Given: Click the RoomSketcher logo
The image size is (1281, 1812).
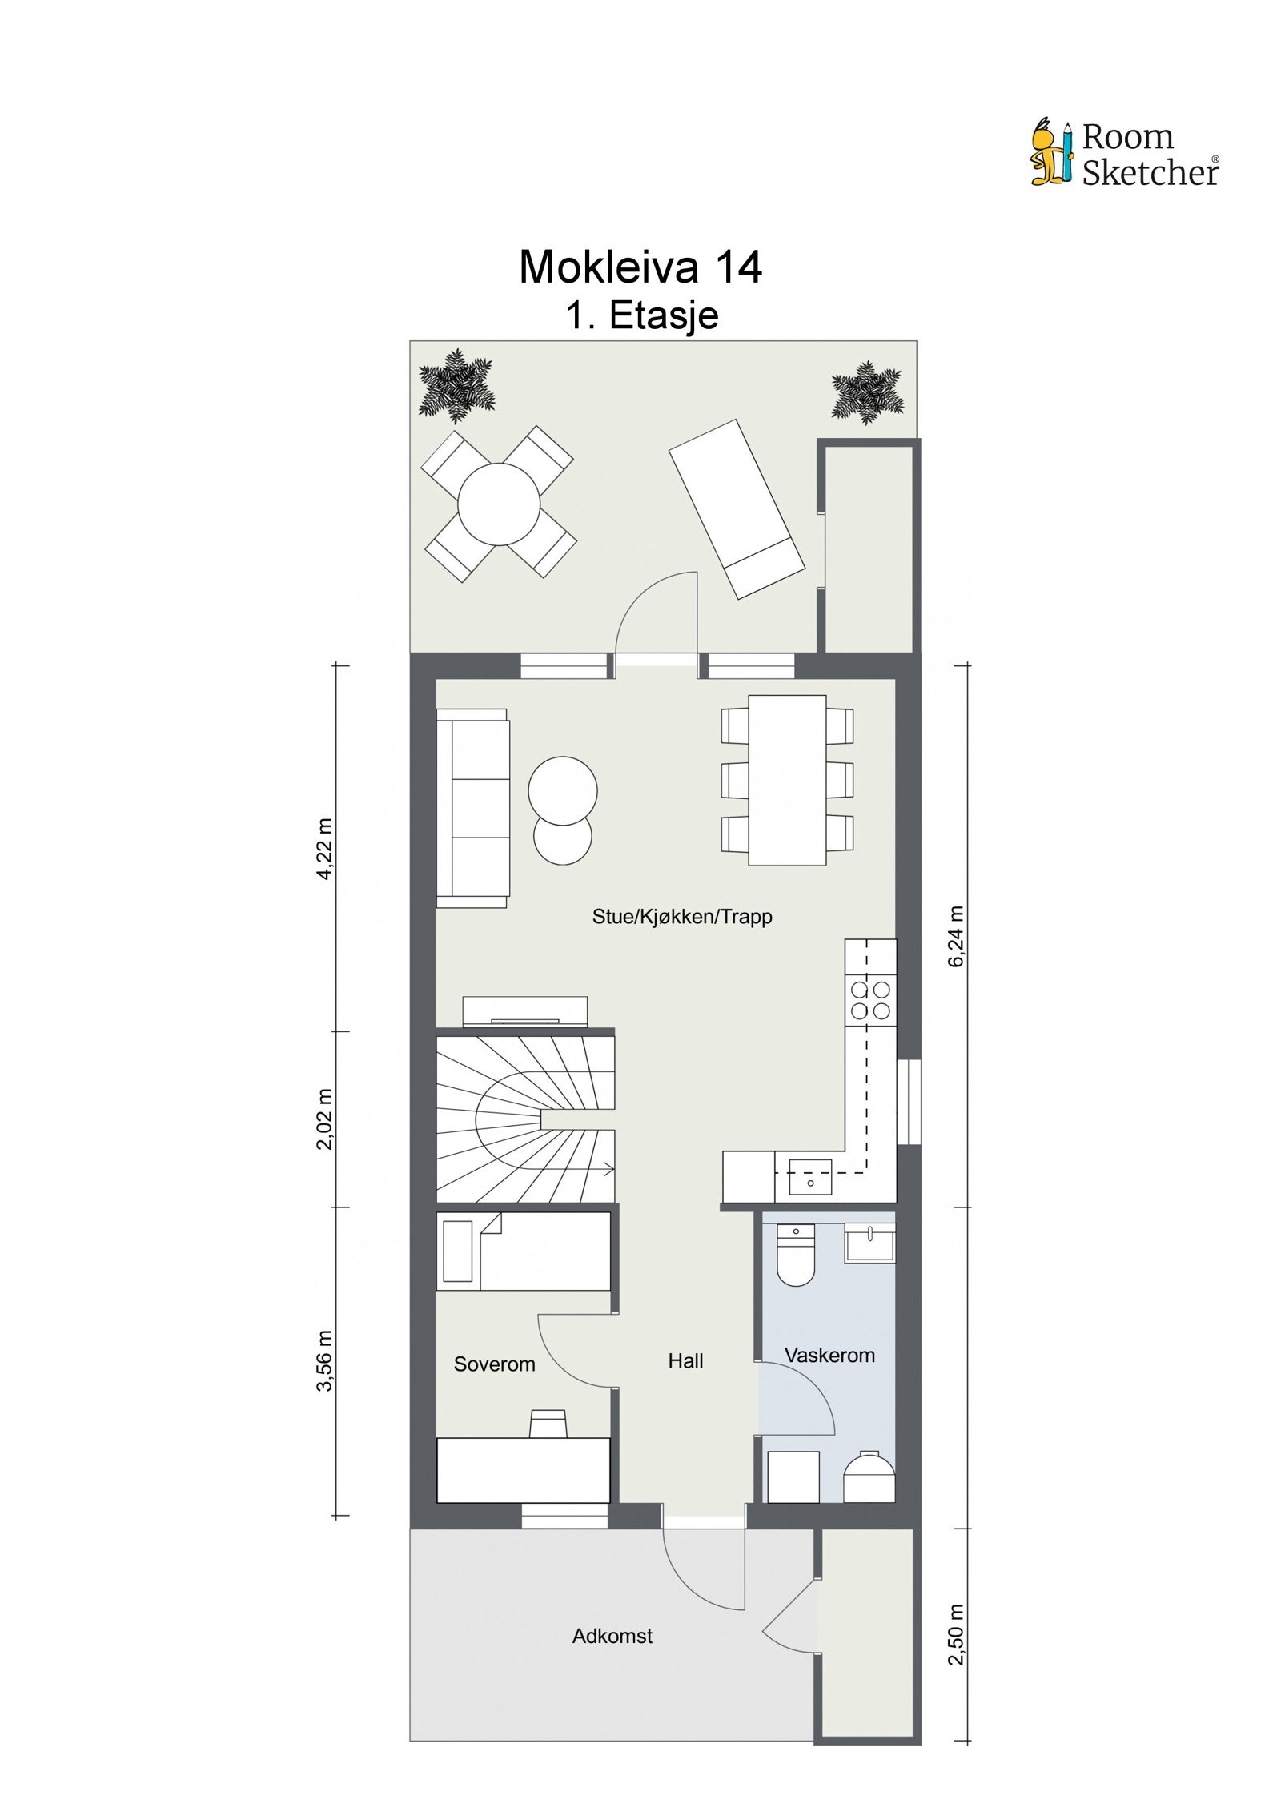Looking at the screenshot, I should point(1124,154).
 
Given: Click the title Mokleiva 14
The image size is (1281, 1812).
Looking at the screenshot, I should point(640,267).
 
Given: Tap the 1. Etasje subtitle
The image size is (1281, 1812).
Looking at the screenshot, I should point(641,315).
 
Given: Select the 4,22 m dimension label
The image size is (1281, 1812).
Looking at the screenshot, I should point(324,849).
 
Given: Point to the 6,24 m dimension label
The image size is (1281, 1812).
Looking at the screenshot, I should point(956,936).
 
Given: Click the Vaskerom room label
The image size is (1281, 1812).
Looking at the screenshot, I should point(829,1355).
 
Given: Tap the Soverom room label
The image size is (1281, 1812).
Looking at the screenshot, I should point(494,1364).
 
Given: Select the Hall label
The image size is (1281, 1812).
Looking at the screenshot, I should point(685,1360).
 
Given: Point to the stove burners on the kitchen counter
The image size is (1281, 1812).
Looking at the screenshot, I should point(870,999).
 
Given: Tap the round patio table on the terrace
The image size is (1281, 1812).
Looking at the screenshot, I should point(498,504).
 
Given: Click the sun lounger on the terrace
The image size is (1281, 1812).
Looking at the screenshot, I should point(736,508).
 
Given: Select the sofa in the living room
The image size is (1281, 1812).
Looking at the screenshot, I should point(472,808).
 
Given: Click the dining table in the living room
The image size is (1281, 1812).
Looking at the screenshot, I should point(786,780).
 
